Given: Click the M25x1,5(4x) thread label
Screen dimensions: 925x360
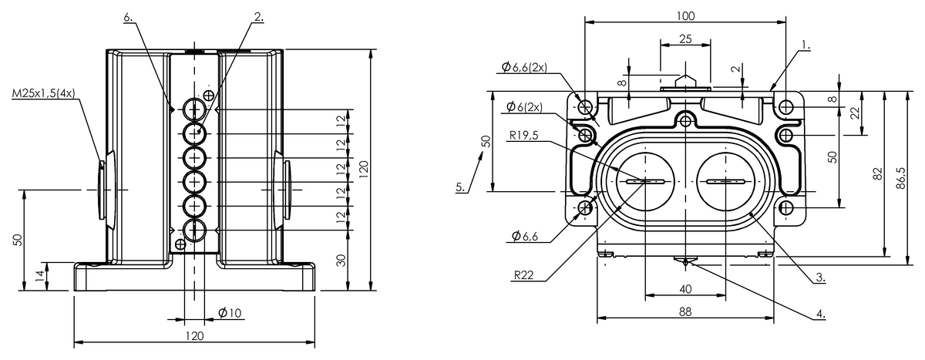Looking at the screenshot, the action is click(x=43, y=94).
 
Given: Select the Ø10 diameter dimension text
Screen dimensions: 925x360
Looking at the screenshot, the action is click(x=230, y=313).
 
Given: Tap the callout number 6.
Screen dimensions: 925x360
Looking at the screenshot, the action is click(x=128, y=17).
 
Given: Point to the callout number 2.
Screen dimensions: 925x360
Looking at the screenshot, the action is click(x=258, y=17).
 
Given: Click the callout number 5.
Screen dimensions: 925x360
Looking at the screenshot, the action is click(x=460, y=187).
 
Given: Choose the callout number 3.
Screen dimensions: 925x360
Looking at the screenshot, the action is click(x=820, y=277).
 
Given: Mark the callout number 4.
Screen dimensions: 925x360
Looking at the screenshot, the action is click(x=820, y=314).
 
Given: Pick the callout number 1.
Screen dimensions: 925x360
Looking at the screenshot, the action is click(x=806, y=45).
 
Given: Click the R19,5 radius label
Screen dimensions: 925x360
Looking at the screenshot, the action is click(x=523, y=136).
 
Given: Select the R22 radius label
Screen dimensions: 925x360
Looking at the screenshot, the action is click(x=523, y=275).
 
